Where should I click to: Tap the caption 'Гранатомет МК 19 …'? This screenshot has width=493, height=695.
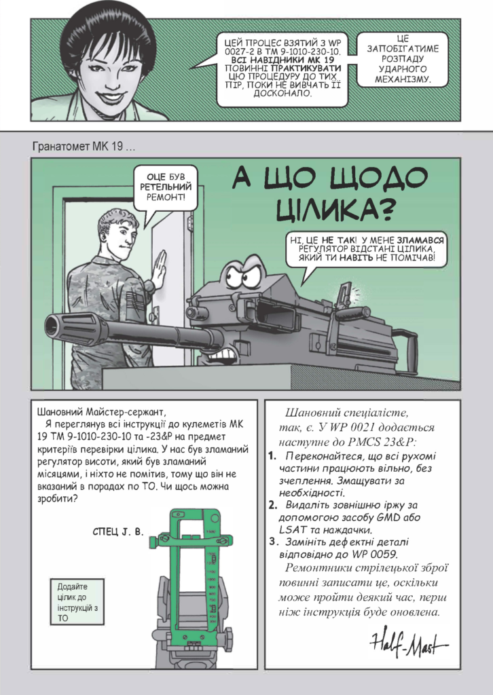[x=84, y=147]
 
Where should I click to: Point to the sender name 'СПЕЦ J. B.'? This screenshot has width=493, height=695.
[x=118, y=532]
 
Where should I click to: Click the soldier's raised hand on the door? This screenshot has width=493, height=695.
[x=159, y=268]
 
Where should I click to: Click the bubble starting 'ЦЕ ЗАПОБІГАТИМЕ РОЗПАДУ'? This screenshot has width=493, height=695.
[x=402, y=59]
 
